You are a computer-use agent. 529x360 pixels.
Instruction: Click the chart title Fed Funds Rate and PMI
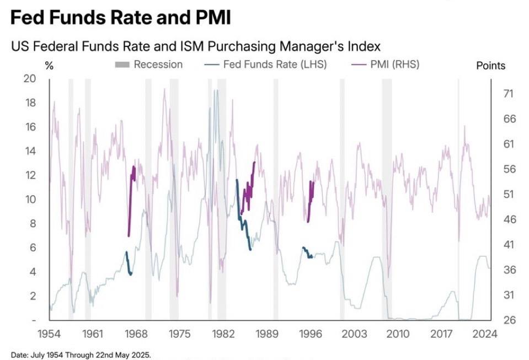pos(120,18)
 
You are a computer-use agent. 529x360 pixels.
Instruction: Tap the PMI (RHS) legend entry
pos(385,65)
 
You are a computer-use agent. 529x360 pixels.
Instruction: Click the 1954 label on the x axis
pos(49,334)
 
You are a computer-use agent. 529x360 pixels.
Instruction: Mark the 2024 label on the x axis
pos(485,334)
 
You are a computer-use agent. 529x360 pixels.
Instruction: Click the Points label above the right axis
pos(490,66)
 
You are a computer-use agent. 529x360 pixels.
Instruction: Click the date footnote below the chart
pos(81,354)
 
